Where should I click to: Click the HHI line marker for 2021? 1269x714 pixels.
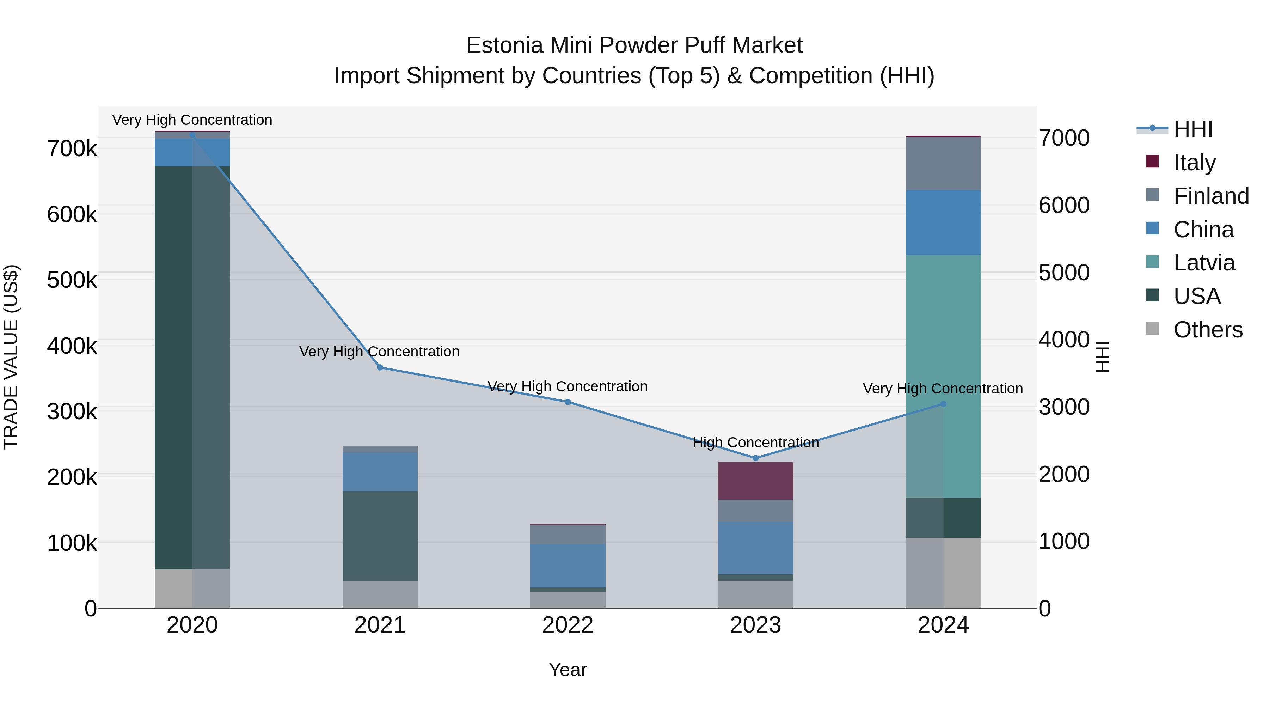pos(380,368)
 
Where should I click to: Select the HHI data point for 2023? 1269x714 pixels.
pos(756,458)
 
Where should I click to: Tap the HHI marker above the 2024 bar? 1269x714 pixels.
pos(943,404)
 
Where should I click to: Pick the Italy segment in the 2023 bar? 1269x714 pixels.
pos(756,481)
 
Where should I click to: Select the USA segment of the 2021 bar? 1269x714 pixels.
pos(380,536)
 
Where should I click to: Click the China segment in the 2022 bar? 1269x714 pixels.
pos(568,566)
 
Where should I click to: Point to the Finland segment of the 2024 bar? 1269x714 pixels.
pos(943,164)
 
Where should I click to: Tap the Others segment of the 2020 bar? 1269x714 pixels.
pos(192,589)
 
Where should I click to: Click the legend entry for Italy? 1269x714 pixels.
pos(1194,163)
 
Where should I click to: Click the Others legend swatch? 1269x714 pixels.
pos(1153,329)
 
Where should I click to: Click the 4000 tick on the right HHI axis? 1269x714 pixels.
pos(1064,340)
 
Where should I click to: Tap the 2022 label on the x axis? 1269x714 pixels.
pos(568,625)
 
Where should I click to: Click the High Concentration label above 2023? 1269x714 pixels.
pos(756,443)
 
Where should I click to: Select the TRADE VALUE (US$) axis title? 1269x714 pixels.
pos(11,357)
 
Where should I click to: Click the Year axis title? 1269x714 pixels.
pos(568,670)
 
